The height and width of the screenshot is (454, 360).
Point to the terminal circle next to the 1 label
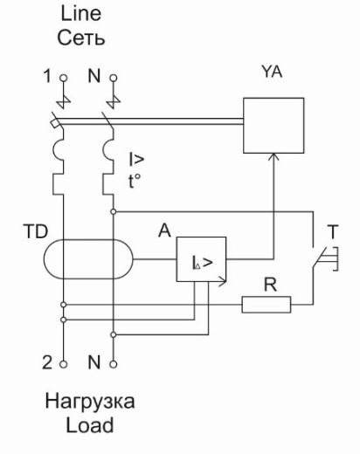click(63, 78)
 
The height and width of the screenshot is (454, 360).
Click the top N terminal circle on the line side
click(114, 78)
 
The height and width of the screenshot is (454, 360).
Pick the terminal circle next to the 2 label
click(63, 364)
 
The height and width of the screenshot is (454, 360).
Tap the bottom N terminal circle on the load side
click(114, 364)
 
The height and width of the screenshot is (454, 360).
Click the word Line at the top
click(81, 13)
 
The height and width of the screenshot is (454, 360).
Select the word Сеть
click(80, 38)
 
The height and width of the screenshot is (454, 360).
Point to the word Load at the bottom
click(89, 425)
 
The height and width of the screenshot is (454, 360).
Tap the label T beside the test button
click(333, 231)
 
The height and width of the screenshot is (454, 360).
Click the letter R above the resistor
click(270, 285)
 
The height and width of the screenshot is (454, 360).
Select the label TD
click(35, 231)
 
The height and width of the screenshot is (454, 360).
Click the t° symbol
click(135, 182)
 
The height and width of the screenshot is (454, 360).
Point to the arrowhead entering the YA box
click(273, 156)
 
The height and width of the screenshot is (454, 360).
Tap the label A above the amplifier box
click(164, 230)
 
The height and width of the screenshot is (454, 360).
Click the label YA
click(272, 72)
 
